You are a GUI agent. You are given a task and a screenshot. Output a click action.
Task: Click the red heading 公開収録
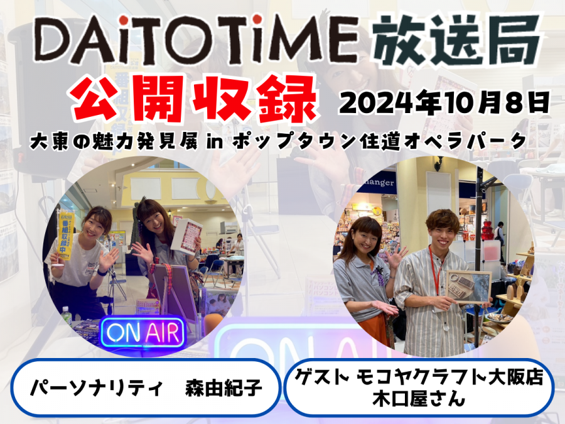(x=194, y=99)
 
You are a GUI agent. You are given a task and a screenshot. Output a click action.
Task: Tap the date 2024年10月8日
(x=444, y=103)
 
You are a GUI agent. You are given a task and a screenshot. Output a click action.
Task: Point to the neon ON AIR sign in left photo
(x=143, y=332)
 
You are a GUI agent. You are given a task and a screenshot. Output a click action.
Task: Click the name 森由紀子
(x=223, y=388)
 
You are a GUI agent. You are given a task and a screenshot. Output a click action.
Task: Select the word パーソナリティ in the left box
(x=97, y=388)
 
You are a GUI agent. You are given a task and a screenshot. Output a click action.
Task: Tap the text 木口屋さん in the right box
(x=419, y=400)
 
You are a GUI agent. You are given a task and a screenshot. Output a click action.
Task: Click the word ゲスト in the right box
(x=323, y=377)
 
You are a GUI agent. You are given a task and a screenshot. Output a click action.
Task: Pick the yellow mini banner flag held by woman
(x=65, y=237)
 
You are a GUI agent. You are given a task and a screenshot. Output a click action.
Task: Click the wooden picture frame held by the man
(x=469, y=287)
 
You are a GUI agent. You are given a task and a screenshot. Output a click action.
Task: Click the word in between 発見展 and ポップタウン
(x=215, y=142)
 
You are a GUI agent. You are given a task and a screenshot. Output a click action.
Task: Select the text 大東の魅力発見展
(x=114, y=142)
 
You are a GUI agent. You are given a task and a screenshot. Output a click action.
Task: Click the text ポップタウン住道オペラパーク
(x=379, y=142)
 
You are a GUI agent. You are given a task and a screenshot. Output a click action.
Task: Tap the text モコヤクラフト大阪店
(x=449, y=377)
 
